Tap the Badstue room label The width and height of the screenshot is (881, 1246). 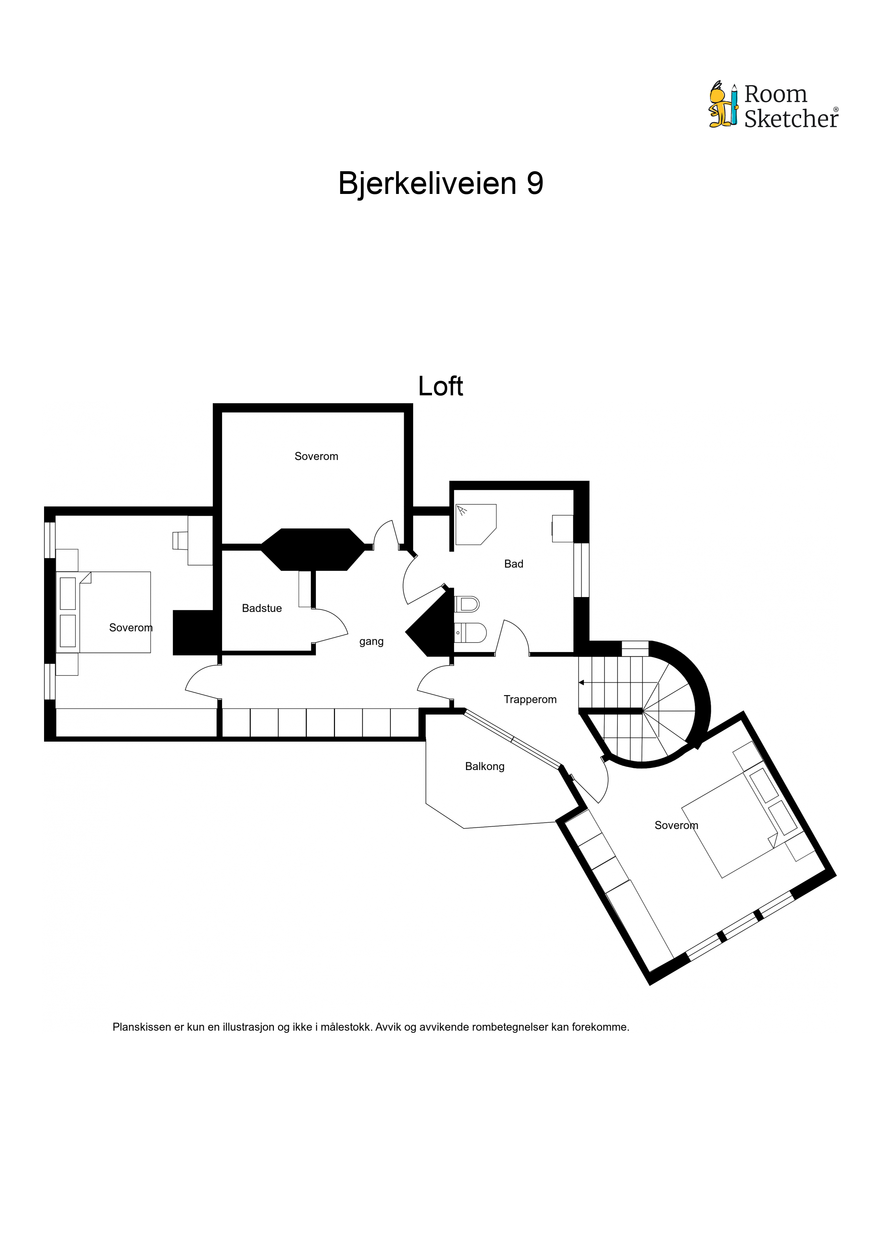pos(262,608)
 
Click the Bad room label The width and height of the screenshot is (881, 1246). pos(514,564)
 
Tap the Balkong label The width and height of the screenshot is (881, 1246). pos(485,766)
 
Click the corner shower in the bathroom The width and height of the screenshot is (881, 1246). pos(476,525)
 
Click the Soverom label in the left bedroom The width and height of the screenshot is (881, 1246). pos(131,628)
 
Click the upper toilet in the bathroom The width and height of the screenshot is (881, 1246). pos(467,604)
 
